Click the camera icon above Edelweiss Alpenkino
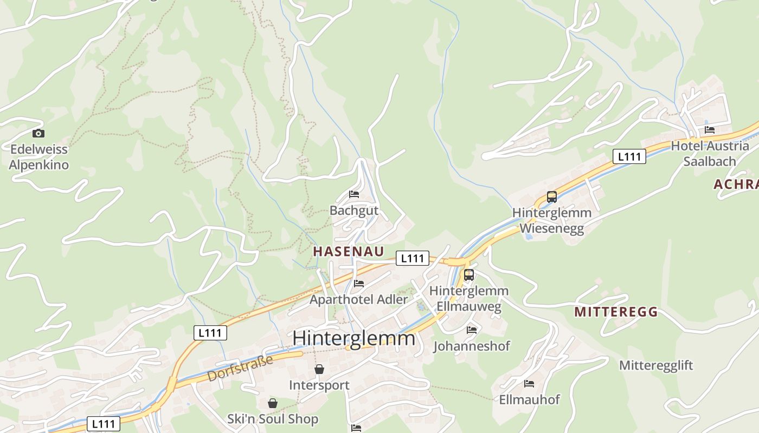point(38,133)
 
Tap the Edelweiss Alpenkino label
point(39,157)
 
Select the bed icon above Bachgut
point(354,194)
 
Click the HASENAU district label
point(349,251)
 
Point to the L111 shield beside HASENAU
point(413,258)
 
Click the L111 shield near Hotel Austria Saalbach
point(629,157)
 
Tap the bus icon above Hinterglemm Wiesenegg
point(552,197)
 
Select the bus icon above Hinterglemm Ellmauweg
point(469,275)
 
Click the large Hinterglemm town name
point(353,338)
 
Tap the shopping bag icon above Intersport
point(319,369)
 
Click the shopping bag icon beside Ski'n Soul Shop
point(272,403)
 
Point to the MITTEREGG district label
point(616,312)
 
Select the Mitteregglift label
point(656,365)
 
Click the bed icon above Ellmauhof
point(529,384)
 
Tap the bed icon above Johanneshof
point(472,330)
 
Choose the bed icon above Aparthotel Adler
point(358,283)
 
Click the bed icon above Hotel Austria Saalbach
point(710,130)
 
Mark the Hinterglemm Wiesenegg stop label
point(552,220)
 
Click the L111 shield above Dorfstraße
point(210,333)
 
